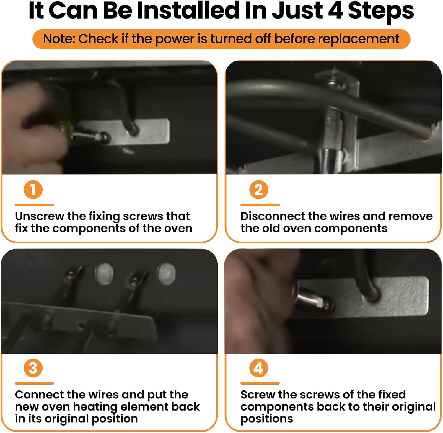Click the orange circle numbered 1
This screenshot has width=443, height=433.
(x=33, y=190)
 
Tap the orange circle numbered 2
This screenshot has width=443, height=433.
(x=259, y=190)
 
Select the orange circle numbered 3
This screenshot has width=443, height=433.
(x=33, y=368)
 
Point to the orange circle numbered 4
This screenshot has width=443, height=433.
(x=259, y=368)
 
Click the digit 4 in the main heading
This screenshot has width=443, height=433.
(x=335, y=11)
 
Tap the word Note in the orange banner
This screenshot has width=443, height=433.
(x=59, y=39)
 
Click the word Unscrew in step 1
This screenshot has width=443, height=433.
(x=40, y=216)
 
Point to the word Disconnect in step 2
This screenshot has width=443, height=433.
(x=273, y=216)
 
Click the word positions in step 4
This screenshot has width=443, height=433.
(x=267, y=419)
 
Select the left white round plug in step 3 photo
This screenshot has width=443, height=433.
(x=104, y=274)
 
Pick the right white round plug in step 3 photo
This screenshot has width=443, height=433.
(x=166, y=272)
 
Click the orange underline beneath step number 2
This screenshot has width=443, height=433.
(x=260, y=205)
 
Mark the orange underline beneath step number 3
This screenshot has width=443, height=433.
(x=34, y=383)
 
